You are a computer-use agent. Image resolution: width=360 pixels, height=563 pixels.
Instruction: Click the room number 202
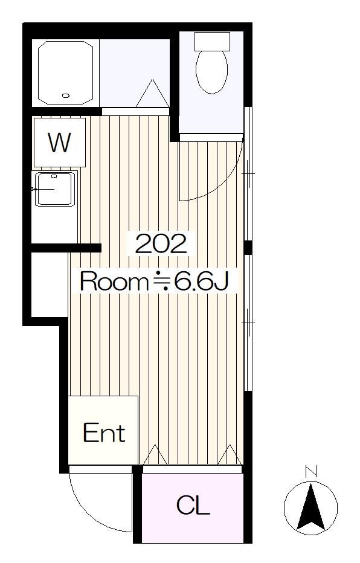(161, 244)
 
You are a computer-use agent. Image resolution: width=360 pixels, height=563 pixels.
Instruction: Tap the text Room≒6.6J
(155, 281)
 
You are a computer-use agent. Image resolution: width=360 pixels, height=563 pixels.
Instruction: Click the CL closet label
(193, 505)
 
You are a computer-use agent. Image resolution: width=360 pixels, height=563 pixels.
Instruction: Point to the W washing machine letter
(60, 143)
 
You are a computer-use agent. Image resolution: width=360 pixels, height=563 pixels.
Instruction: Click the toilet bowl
(212, 72)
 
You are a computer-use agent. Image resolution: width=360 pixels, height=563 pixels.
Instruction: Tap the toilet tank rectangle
(212, 41)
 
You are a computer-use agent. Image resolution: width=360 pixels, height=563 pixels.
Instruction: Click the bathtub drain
(65, 95)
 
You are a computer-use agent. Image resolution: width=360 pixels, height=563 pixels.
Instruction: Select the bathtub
(65, 73)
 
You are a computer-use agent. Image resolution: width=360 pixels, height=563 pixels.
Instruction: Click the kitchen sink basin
(55, 189)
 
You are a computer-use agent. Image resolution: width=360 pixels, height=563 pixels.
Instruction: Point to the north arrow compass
(310, 508)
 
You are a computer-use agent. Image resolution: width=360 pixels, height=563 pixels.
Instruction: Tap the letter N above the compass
(311, 471)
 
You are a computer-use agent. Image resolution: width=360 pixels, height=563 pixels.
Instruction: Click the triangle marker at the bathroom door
(153, 94)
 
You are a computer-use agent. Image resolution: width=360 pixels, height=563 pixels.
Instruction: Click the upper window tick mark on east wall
(248, 174)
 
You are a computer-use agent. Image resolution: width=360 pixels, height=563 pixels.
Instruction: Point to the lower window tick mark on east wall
(248, 323)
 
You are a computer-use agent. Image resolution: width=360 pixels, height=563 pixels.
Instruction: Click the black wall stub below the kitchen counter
(66, 248)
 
